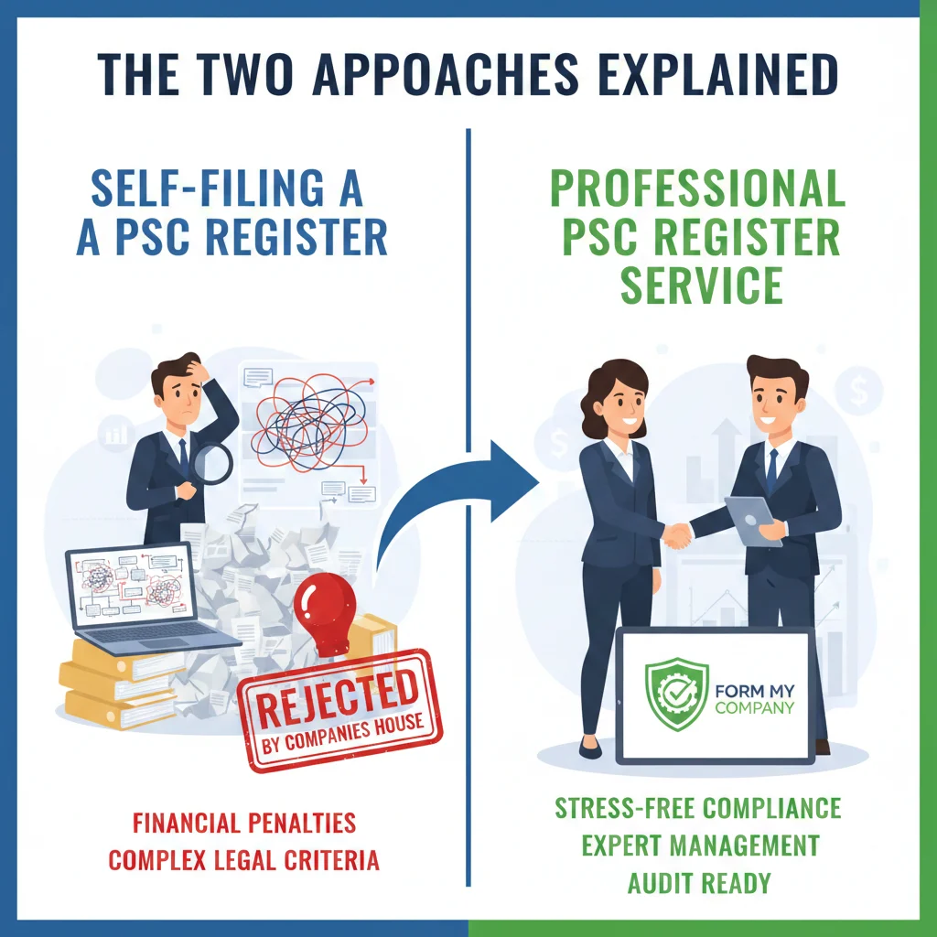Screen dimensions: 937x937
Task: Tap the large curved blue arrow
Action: click(458, 512)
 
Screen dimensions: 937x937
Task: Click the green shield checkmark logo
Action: click(677, 695)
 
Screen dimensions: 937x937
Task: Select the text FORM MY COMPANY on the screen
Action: click(757, 695)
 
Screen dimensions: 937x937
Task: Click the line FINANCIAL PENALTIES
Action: click(244, 822)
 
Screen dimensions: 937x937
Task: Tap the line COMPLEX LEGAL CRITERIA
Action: click(244, 860)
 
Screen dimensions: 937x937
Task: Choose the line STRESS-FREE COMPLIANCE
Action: click(698, 808)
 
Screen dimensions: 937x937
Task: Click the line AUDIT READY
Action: click(698, 883)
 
